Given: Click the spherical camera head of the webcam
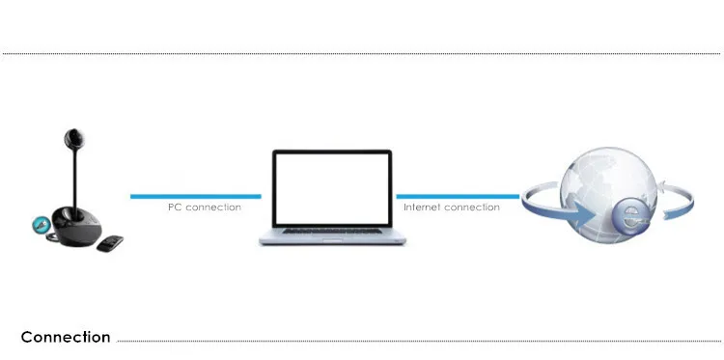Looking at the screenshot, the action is point(74,138).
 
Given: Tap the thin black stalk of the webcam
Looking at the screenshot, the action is point(74,178).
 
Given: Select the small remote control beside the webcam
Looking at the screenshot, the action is point(110,243).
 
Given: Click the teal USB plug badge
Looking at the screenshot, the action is point(41,225).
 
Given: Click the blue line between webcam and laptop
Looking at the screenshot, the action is point(196,197).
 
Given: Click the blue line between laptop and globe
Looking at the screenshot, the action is point(458,197).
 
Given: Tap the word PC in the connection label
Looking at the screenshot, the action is point(175,208).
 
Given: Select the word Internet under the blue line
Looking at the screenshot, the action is point(421,208).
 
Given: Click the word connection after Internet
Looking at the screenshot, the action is point(470,208).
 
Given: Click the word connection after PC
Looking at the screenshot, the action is point(213,208).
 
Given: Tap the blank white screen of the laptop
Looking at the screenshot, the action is point(331,188).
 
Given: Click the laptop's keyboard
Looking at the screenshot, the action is point(332,231).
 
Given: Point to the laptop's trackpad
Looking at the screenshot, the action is point(332,239).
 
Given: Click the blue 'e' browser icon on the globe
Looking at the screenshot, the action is point(629,218).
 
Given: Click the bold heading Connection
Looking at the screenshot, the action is point(66,337).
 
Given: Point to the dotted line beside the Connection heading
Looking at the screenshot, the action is point(419,342).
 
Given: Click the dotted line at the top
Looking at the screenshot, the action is point(361,53).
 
